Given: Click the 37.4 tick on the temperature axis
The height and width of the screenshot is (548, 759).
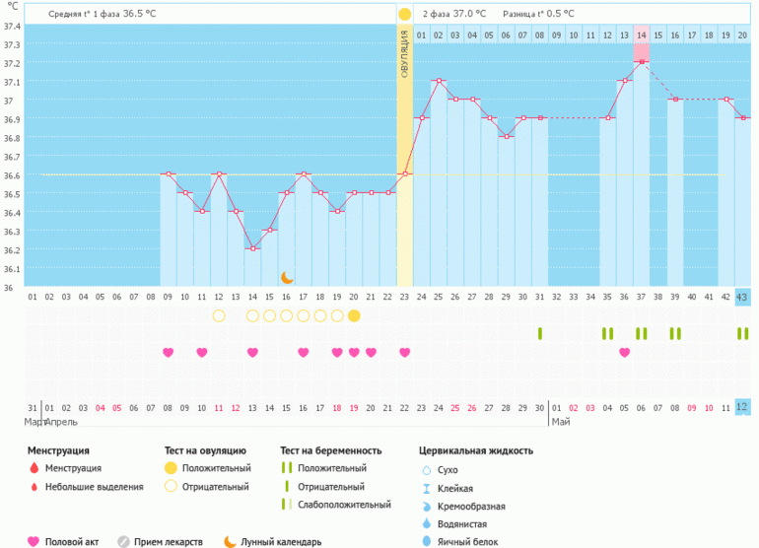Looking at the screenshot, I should coord(11,26).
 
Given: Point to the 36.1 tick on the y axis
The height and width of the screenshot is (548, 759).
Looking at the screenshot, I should coord(11,269).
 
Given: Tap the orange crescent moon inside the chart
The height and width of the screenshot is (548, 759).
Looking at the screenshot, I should coord(287,278).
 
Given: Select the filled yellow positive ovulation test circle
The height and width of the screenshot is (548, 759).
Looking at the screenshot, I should coord(354,315).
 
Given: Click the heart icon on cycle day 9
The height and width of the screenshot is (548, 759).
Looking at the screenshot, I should coord(168,352).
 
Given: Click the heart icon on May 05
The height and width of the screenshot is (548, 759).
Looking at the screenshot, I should coord(624,352).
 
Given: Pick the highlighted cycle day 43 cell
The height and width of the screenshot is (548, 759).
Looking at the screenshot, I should coord(742,297).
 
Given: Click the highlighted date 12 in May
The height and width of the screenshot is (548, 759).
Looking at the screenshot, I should coord(742,407).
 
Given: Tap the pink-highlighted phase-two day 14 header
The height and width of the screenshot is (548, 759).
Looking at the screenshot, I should coord(641,35).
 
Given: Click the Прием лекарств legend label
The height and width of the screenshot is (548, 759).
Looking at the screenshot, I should coord(174,541).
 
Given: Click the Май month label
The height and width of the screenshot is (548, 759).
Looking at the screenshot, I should coord(561,422).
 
